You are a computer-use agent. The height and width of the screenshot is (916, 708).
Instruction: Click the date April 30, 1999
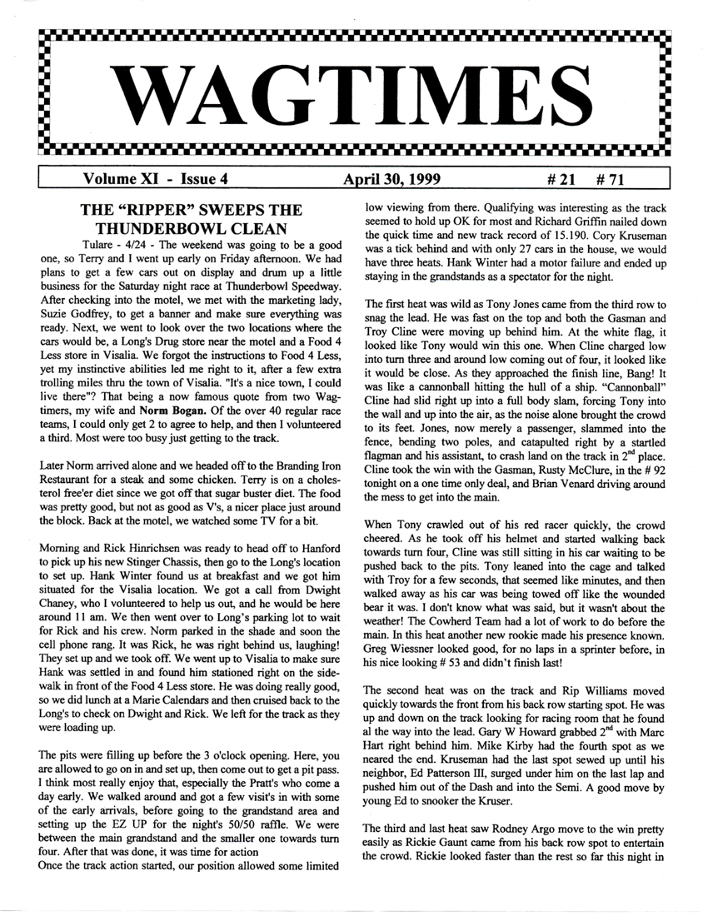click(x=391, y=178)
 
